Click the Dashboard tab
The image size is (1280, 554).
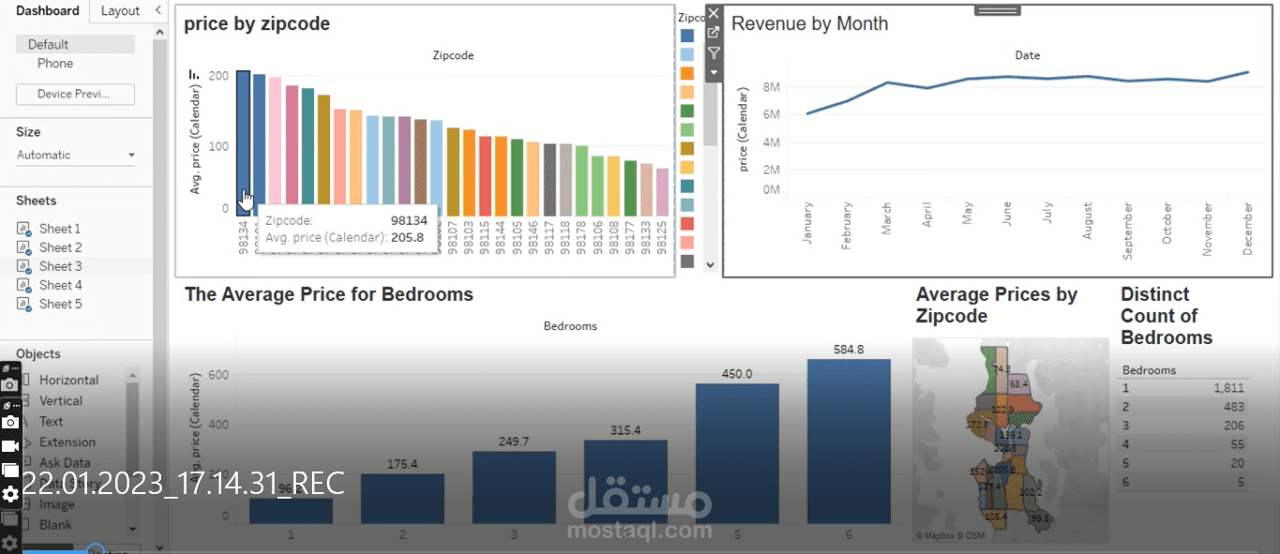48,11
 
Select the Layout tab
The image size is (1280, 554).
120,11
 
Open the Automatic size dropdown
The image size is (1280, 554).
76,155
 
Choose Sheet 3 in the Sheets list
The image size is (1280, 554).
60,266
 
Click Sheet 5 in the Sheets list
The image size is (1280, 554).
60,304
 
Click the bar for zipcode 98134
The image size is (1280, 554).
243,141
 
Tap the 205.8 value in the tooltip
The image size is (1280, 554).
407,237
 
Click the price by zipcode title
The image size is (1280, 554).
257,24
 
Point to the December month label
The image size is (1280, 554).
1247,228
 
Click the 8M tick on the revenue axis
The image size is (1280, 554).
771,87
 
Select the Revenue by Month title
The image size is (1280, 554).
810,24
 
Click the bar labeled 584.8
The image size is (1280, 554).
848,441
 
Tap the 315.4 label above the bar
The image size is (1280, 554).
625,430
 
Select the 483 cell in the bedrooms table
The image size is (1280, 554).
1233,407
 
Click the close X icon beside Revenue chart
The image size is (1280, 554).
713,13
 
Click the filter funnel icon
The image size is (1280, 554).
713,52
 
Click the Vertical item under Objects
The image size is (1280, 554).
61,400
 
